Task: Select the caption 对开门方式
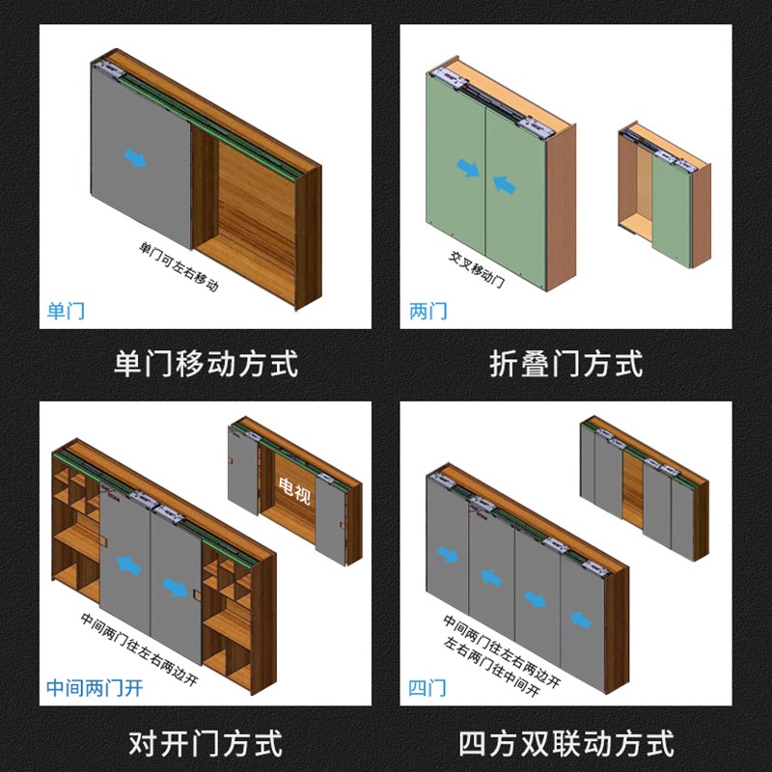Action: (x=205, y=744)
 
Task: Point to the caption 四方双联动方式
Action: (x=565, y=744)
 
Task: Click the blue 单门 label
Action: (x=67, y=311)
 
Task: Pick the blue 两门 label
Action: (x=428, y=311)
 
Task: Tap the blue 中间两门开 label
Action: (x=95, y=688)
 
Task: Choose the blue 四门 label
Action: (x=427, y=688)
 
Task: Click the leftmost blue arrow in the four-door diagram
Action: (x=447, y=554)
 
